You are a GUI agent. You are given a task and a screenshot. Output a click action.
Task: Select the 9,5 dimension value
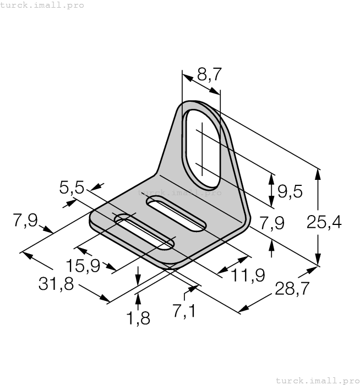click(290, 191)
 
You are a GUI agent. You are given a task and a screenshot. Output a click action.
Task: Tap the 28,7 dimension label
click(290, 289)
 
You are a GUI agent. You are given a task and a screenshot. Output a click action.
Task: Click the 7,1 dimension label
click(183, 312)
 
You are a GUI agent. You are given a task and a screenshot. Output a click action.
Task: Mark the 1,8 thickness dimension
click(138, 317)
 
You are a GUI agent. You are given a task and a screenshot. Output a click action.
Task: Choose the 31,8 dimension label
click(57, 285)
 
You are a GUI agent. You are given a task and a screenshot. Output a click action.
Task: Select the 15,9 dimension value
click(83, 266)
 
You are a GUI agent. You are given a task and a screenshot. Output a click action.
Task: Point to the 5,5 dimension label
click(72, 189)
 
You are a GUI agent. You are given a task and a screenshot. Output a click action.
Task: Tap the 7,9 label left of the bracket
click(25, 221)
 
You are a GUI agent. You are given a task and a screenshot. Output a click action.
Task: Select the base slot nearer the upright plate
click(176, 214)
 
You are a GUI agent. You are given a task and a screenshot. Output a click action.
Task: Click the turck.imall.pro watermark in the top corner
click(42, 5)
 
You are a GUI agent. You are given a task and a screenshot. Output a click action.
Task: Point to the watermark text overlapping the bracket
click(179, 193)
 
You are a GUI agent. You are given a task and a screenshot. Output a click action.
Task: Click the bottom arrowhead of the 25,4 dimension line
click(318, 262)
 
